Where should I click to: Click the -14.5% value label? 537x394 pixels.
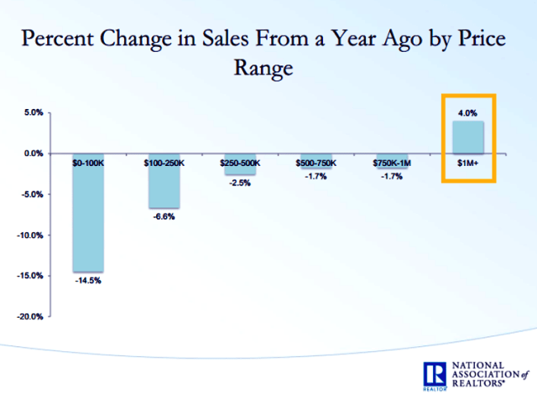(88, 281)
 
